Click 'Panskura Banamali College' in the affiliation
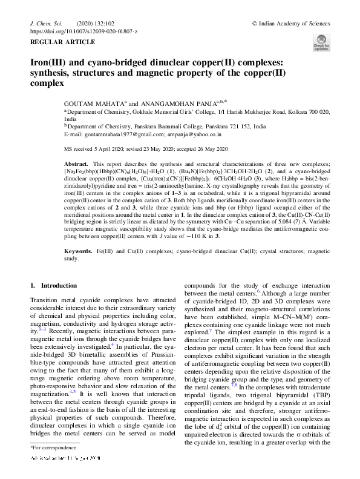click(182, 127)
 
